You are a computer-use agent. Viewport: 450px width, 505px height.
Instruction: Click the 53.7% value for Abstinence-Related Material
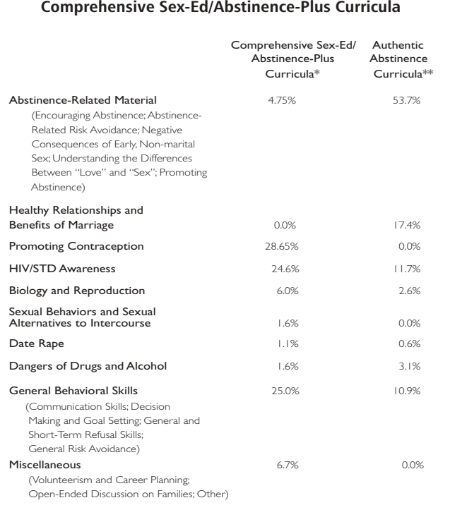click(x=406, y=100)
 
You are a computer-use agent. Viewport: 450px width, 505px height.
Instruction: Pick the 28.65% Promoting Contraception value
click(x=283, y=246)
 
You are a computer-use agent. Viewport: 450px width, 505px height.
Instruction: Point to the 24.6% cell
click(x=283, y=268)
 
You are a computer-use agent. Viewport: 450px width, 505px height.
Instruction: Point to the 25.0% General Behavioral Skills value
click(x=283, y=390)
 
